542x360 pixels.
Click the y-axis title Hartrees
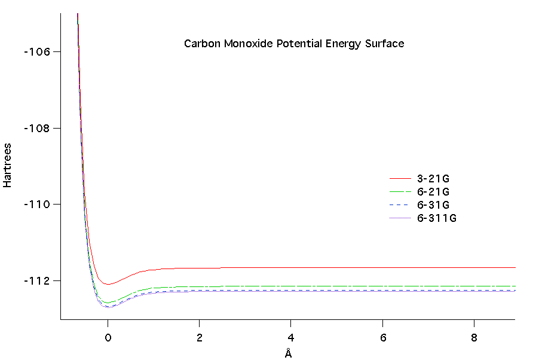click(7, 165)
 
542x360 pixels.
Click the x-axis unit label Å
click(288, 353)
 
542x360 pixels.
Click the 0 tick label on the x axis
click(108, 337)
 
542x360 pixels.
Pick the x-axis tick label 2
click(199, 337)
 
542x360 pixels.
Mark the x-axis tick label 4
click(291, 337)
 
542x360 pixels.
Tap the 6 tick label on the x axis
click(382, 337)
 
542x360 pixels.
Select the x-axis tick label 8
click(474, 337)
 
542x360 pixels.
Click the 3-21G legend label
click(433, 178)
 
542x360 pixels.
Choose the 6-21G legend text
click(433, 192)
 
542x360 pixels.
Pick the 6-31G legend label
click(433, 205)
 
